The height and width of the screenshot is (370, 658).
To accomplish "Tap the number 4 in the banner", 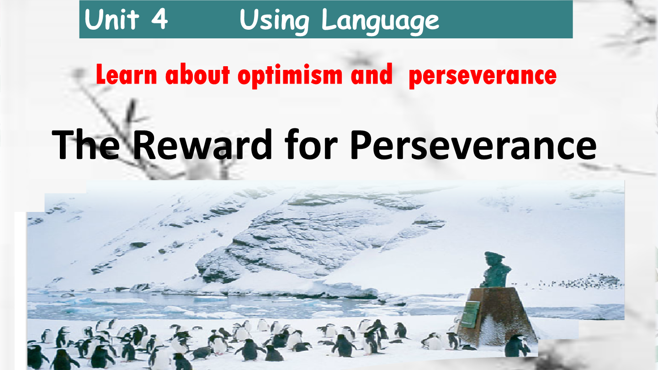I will pyautogui.click(x=159, y=21).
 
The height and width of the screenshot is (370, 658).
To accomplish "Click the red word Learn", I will pyautogui.click(x=127, y=75).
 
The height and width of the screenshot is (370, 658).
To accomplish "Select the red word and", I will pyautogui.click(x=371, y=75).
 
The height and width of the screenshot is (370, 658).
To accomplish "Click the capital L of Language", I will pyautogui.click(x=329, y=21).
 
